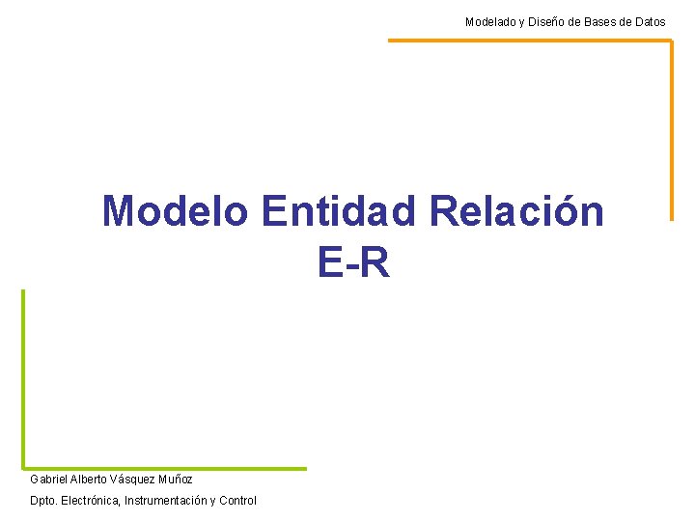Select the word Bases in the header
coord(606,21)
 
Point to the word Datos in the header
coord(649,21)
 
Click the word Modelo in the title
coord(175,211)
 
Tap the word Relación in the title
coord(517,211)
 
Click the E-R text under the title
coord(353,261)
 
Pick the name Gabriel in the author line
coord(48,479)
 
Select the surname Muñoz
coord(177,479)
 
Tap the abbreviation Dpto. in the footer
coord(43,500)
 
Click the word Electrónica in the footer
coord(90,500)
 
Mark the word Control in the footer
coord(238,500)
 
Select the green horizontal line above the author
coord(164,469)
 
